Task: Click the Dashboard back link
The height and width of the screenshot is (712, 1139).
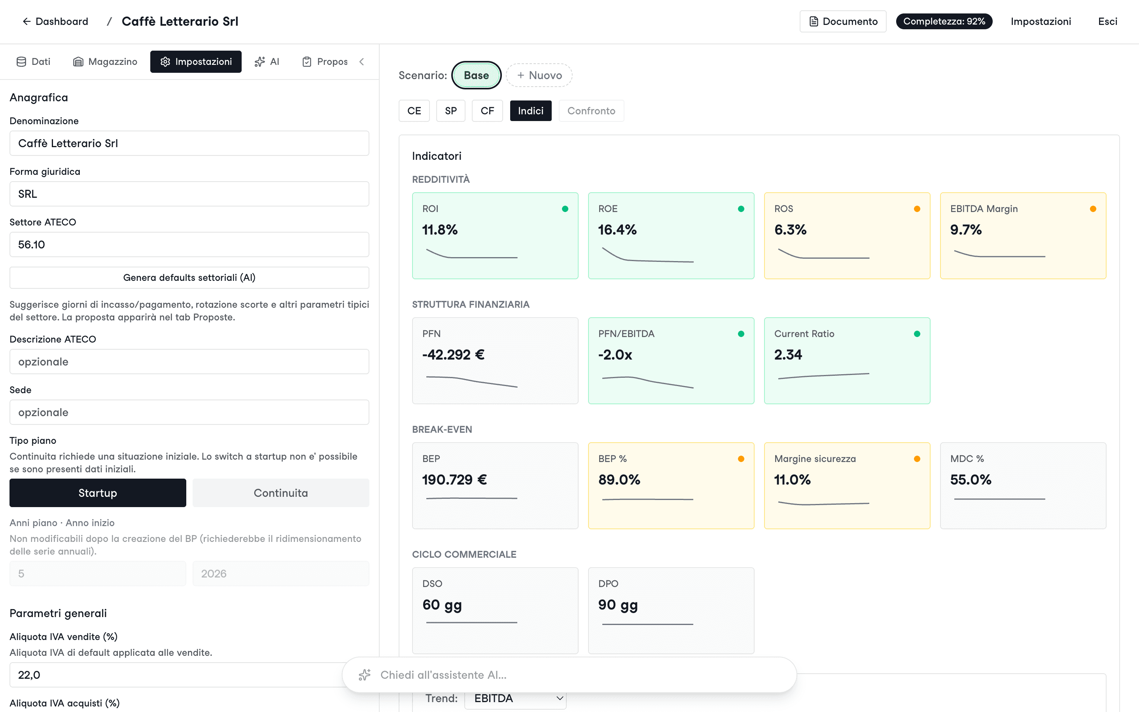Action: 55,21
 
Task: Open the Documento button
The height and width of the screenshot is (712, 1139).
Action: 843,21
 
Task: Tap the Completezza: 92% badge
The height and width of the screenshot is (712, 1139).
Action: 944,21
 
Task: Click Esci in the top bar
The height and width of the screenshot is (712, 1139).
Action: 1107,21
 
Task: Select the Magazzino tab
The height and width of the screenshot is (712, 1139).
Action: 105,62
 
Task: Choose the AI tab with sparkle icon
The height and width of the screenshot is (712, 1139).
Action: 267,62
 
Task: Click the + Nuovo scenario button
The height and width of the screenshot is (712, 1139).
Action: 539,75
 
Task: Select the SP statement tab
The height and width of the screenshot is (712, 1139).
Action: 450,111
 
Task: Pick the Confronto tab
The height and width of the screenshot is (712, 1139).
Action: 591,111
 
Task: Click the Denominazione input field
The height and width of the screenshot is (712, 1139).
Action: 189,143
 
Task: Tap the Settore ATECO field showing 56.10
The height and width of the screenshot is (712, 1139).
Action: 189,244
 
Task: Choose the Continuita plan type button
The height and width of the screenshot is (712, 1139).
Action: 280,493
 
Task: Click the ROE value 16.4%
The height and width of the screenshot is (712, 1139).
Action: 617,230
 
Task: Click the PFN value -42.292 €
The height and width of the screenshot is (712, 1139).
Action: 453,354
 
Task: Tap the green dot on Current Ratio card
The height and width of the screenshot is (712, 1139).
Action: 917,334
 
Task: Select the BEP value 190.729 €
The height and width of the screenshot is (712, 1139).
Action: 454,480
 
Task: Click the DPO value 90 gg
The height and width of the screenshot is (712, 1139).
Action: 618,605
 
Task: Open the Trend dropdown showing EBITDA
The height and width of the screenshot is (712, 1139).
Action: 515,698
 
